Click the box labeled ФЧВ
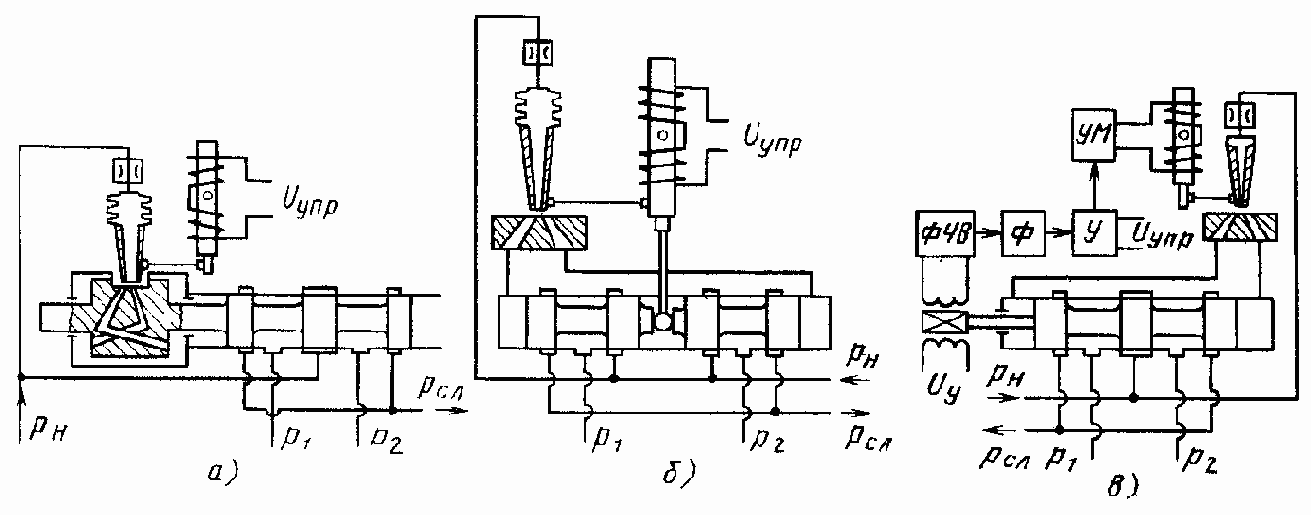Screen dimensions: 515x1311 943,235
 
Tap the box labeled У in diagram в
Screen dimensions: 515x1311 1092,235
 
